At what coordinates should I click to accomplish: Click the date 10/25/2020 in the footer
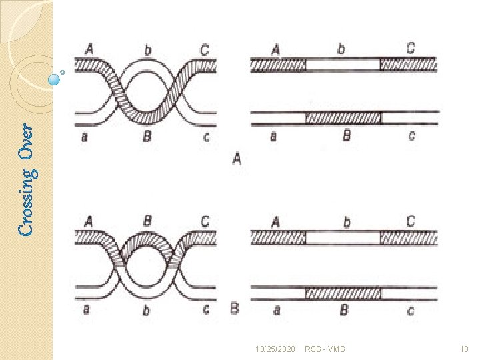coord(275,349)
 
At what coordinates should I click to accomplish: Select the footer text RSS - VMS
coord(325,349)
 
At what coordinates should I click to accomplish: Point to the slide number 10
coord(464,349)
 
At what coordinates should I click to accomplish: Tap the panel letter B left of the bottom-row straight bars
coord(234,309)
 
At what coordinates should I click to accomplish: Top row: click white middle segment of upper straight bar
coord(343,65)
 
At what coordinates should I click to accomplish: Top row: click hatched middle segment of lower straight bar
coord(343,118)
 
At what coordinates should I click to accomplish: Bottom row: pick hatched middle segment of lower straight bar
coord(343,292)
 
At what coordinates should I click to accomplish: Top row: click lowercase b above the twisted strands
coord(147,49)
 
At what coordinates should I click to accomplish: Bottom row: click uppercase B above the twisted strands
coord(147,221)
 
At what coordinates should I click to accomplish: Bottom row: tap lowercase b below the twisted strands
coord(147,309)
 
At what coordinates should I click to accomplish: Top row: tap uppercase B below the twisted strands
coord(147,137)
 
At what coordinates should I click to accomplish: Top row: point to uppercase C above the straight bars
coord(411,48)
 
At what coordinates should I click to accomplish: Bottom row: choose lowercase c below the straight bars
coord(411,310)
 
